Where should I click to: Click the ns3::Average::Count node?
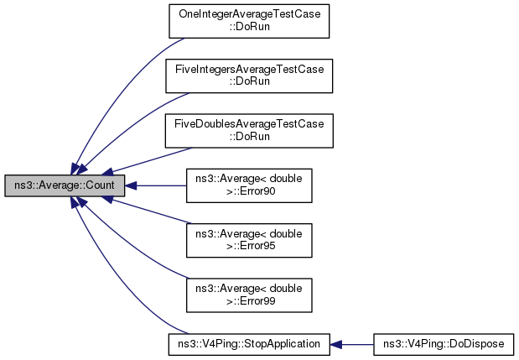[x=64, y=185]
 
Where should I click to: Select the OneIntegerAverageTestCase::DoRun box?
[x=248, y=21]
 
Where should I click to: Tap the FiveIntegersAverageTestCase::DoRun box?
[x=248, y=76]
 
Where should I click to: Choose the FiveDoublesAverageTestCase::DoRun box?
[x=248, y=130]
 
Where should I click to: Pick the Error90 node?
[x=248, y=185]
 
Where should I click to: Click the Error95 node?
[x=248, y=239]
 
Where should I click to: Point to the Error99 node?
[x=248, y=294]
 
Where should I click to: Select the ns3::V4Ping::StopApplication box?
[x=248, y=343]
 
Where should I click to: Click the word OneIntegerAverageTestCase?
[x=248, y=15]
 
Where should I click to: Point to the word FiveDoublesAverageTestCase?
[x=248, y=124]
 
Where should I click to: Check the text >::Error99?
[x=248, y=300]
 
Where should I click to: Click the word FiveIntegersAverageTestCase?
[x=248, y=70]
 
